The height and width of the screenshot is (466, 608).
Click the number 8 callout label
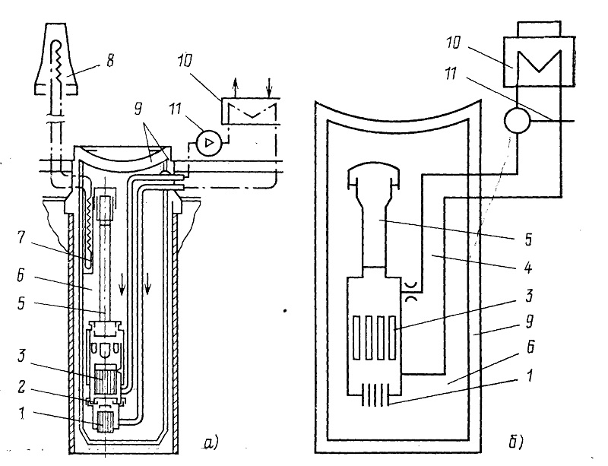click(110, 61)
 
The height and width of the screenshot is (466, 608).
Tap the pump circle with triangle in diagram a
click(209, 143)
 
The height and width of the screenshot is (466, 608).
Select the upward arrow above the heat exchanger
click(235, 87)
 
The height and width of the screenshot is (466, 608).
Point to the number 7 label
click(21, 237)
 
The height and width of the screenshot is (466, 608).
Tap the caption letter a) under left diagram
click(211, 442)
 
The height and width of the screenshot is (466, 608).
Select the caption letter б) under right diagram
click(516, 441)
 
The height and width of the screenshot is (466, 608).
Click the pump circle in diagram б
click(517, 120)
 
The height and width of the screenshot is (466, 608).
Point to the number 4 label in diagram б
click(527, 268)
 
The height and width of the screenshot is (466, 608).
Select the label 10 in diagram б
click(453, 43)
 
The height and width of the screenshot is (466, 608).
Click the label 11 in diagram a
click(175, 109)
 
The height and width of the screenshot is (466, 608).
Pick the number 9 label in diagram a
click(138, 109)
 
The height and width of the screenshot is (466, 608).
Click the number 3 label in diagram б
click(529, 296)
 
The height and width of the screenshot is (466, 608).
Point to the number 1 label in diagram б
click(530, 376)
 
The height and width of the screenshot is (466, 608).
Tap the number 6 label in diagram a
click(21, 276)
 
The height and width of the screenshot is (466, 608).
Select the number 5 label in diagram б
click(528, 239)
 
